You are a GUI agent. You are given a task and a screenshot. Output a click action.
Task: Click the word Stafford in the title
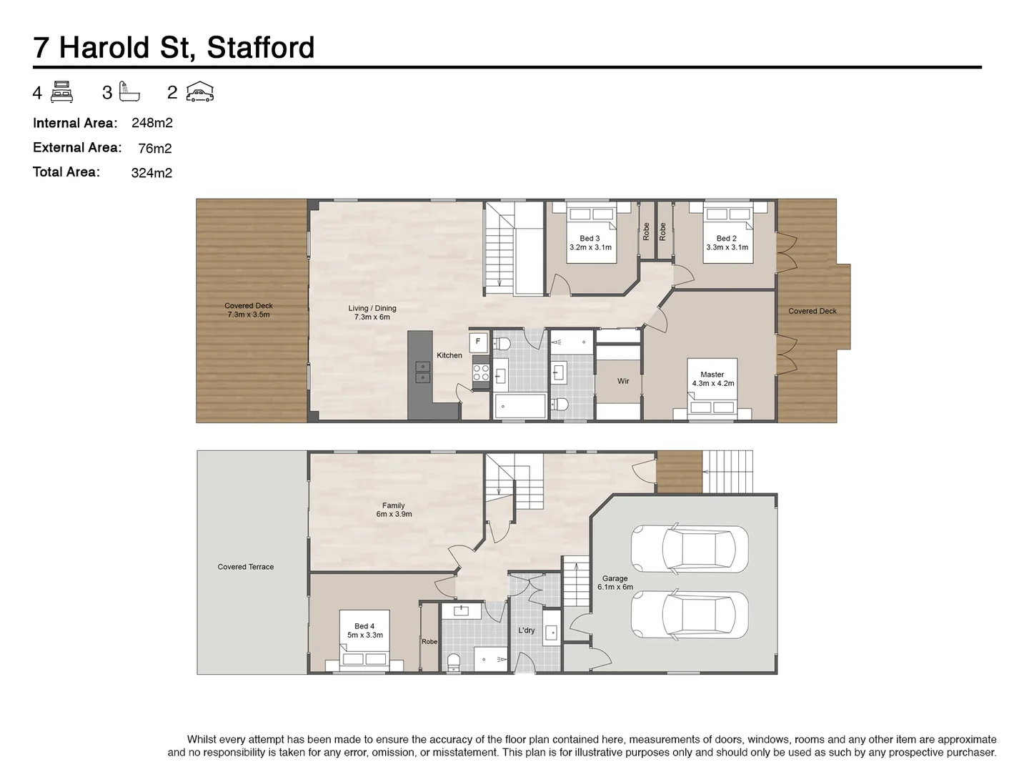pyautogui.click(x=260, y=48)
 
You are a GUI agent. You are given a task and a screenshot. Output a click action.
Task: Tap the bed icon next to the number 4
pyautogui.click(x=62, y=92)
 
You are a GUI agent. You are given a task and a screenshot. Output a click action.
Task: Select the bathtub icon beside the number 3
pyautogui.click(x=130, y=92)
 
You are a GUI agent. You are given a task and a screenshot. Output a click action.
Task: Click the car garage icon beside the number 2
pyautogui.click(x=200, y=92)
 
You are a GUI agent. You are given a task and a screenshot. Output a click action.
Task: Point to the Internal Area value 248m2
pyautogui.click(x=152, y=123)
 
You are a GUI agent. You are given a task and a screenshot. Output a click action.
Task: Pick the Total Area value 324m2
pyautogui.click(x=151, y=173)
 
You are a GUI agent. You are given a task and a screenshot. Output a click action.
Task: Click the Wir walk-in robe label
pyautogui.click(x=623, y=382)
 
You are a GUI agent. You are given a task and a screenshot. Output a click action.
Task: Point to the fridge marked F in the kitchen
pyautogui.click(x=478, y=342)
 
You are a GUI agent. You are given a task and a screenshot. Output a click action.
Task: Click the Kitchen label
pyautogui.click(x=449, y=355)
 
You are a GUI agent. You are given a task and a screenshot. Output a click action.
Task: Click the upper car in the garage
pyautogui.click(x=689, y=549)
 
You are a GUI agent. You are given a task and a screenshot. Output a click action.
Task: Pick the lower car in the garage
pyautogui.click(x=689, y=615)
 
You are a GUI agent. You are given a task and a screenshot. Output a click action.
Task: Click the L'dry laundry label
pyautogui.click(x=527, y=630)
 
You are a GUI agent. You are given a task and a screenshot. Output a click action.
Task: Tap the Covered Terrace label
pyautogui.click(x=246, y=567)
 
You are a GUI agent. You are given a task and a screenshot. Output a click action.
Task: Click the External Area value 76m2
pyautogui.click(x=155, y=149)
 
